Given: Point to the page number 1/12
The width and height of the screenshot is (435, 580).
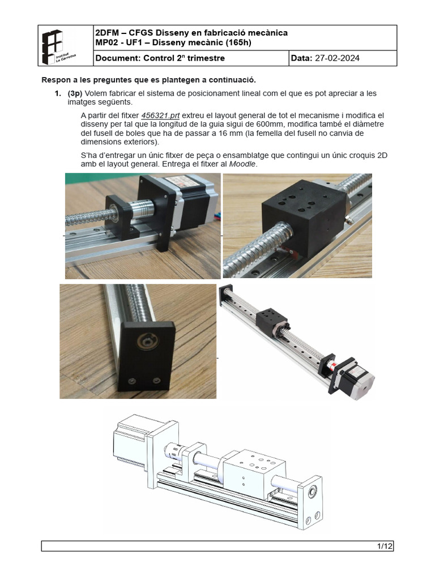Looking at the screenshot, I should point(385,546).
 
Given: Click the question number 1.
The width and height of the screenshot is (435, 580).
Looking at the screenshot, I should point(57,93).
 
